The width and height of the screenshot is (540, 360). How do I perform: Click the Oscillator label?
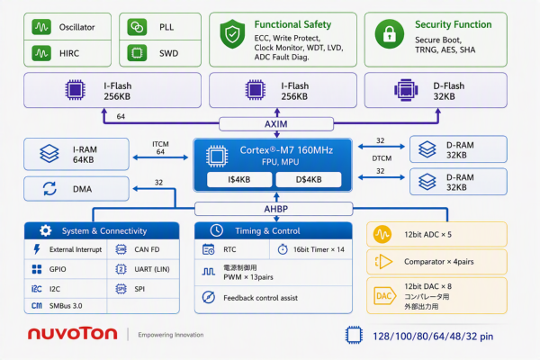click(76, 27)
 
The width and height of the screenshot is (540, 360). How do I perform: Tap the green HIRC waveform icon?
click(41, 53)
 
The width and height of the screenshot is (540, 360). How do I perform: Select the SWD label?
click(169, 53)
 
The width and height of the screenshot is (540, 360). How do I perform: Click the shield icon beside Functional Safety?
click(232, 34)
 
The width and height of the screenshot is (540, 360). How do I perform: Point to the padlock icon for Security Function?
click(390, 34)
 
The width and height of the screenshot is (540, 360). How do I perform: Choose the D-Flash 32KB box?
click(436, 90)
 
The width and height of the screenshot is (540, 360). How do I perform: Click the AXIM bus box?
click(276, 124)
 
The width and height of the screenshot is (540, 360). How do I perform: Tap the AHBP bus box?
click(274, 209)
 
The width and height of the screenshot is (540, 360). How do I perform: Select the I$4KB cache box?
click(239, 179)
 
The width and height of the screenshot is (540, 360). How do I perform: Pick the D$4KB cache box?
click(309, 179)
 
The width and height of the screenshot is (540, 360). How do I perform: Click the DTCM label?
click(382, 158)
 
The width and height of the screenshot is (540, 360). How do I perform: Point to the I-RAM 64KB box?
click(76, 154)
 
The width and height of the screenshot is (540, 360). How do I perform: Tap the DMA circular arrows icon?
click(49, 189)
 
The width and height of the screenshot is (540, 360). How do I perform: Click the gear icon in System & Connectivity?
click(45, 230)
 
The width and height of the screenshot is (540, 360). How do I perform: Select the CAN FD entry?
click(138, 249)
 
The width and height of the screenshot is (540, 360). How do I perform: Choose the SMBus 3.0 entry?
click(57, 306)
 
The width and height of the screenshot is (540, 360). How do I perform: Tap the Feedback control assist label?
click(260, 298)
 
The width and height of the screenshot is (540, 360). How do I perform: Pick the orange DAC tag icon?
click(384, 296)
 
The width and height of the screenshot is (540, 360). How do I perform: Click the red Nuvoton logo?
click(72, 334)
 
